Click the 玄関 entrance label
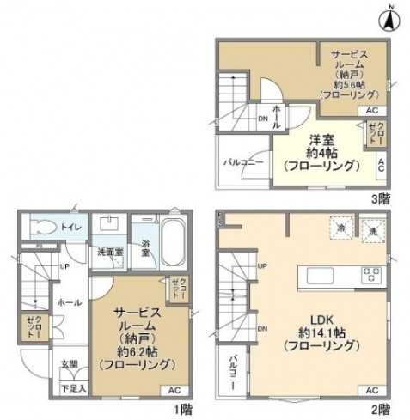point(69,364)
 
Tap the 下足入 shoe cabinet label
point(70,390)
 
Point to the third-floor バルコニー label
point(243,161)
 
